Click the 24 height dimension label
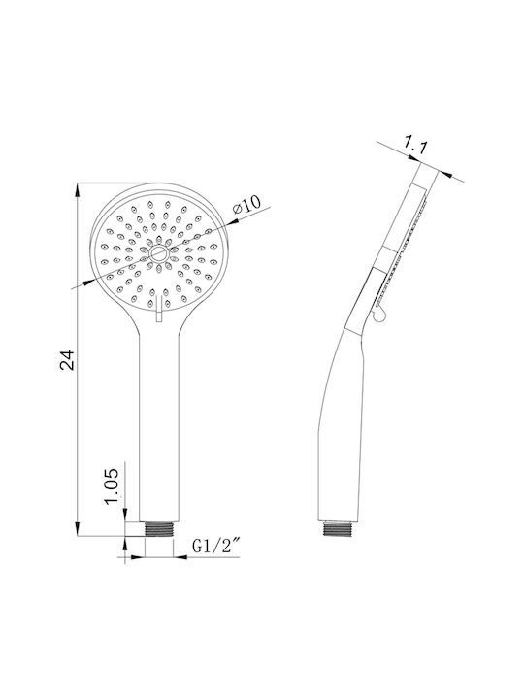pos(68,360)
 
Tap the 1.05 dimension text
pos(112,485)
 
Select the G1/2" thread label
pos(216,546)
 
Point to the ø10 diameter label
pos(246,204)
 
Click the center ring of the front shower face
pos(158,254)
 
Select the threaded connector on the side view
pos(339,529)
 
